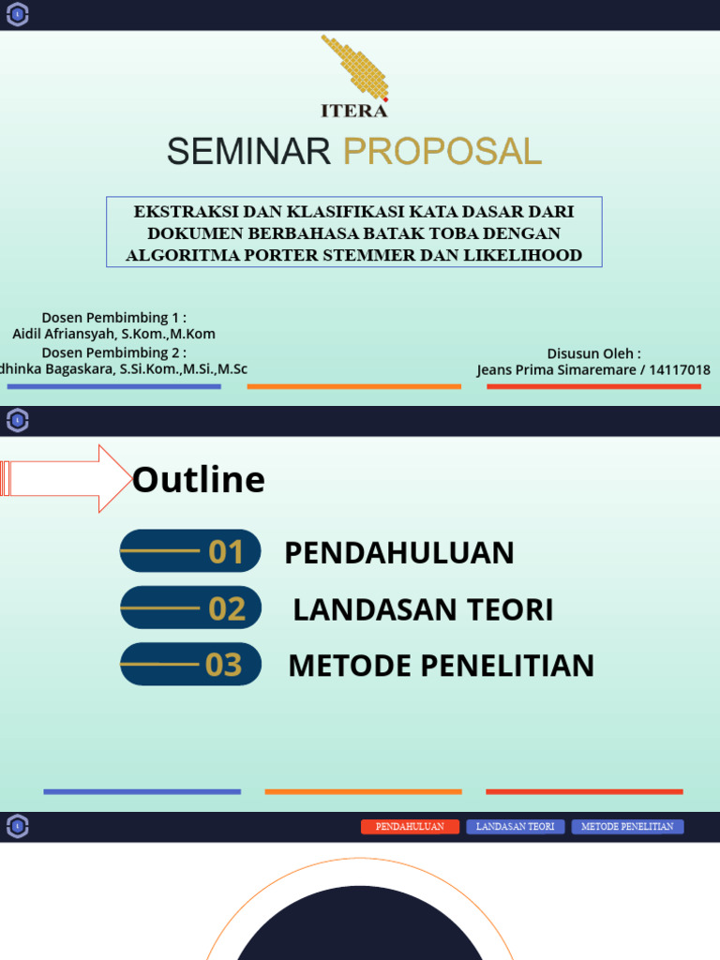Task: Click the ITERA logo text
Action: click(354, 111)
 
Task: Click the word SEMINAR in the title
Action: click(249, 151)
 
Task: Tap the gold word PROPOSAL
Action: click(442, 151)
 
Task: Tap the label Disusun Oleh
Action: click(593, 353)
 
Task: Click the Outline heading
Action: click(199, 480)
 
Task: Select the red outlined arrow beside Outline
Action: click(66, 478)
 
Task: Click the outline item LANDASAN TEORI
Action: click(423, 609)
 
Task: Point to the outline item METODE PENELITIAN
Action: click(441, 666)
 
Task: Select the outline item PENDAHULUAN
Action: click(399, 553)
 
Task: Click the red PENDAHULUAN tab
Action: click(410, 827)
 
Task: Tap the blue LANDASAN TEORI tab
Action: click(516, 827)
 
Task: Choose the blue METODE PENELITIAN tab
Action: click(627, 827)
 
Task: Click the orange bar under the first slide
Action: click(353, 386)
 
